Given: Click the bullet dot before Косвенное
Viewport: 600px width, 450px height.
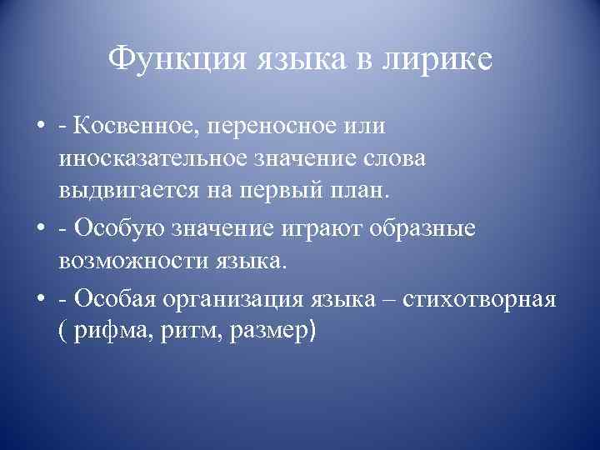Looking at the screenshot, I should click(40, 127).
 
